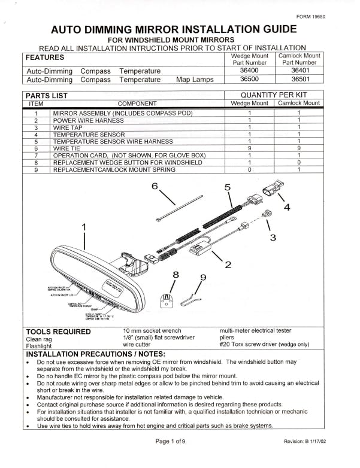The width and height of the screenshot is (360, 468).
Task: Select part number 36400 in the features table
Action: (249, 70)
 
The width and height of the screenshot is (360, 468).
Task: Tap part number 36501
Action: (300, 79)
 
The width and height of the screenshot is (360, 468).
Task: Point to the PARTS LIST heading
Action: (47, 95)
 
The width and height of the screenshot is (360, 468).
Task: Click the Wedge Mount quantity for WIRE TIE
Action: (249, 148)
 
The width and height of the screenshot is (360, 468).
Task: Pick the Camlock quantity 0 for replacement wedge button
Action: (298, 162)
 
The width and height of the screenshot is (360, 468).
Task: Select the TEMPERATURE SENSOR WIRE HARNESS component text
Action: (113, 141)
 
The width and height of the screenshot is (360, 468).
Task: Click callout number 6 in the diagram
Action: (155, 186)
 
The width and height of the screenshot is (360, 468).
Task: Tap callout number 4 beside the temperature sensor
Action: (287, 207)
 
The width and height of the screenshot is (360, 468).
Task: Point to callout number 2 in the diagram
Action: (228, 265)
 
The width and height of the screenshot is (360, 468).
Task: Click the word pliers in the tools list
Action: (229, 338)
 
